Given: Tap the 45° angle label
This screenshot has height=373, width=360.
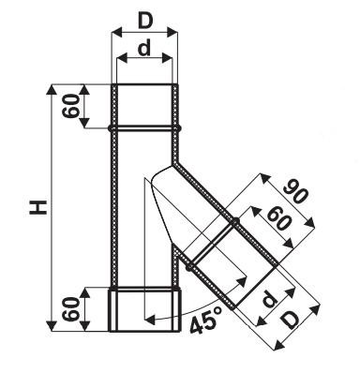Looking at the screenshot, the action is point(206,321).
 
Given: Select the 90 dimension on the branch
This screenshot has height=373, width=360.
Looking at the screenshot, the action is point(295,191).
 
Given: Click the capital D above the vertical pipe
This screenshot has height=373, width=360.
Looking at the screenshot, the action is point(144,22).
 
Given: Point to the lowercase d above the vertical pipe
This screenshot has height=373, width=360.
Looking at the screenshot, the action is point(144,49).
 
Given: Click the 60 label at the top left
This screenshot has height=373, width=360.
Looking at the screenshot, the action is point(70,106).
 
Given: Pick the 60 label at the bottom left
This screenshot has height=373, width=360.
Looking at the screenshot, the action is point(70,309).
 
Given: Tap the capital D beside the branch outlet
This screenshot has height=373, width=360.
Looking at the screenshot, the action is point(291,321).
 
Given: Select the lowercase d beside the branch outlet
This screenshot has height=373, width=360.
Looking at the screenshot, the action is point(269,299).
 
